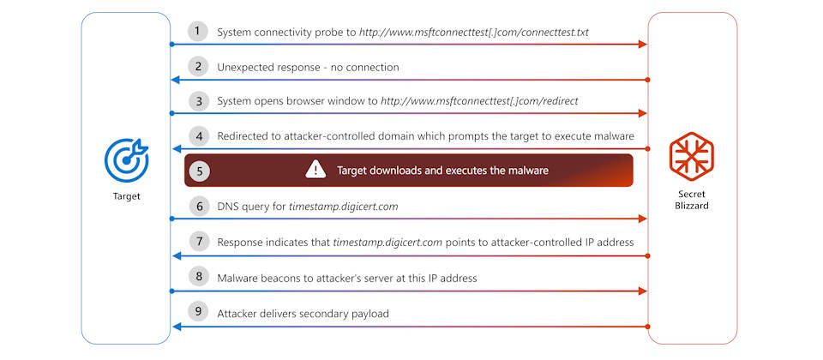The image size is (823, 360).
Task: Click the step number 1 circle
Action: [x=197, y=31]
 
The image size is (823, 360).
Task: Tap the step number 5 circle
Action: [x=199, y=171]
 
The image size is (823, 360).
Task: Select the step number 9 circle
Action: [x=197, y=312]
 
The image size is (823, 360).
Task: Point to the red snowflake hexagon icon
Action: [x=691, y=156]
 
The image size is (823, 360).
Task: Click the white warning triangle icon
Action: [x=315, y=169]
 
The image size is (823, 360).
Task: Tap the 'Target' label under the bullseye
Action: [x=127, y=197]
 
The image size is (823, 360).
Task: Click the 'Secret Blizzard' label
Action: [x=691, y=200]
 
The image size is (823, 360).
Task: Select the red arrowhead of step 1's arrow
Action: [x=642, y=44]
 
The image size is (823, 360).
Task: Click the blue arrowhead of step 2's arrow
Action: [x=177, y=80]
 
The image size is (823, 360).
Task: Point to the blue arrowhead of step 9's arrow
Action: [x=177, y=327]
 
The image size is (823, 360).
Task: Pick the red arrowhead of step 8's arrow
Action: [x=642, y=291]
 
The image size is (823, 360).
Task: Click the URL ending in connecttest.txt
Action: [x=474, y=32]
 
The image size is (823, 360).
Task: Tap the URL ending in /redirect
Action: [x=479, y=101]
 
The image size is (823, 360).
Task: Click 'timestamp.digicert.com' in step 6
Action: [x=343, y=207]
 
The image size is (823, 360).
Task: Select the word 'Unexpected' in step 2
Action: [x=243, y=68]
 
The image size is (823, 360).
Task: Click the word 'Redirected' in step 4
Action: [x=243, y=136]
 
